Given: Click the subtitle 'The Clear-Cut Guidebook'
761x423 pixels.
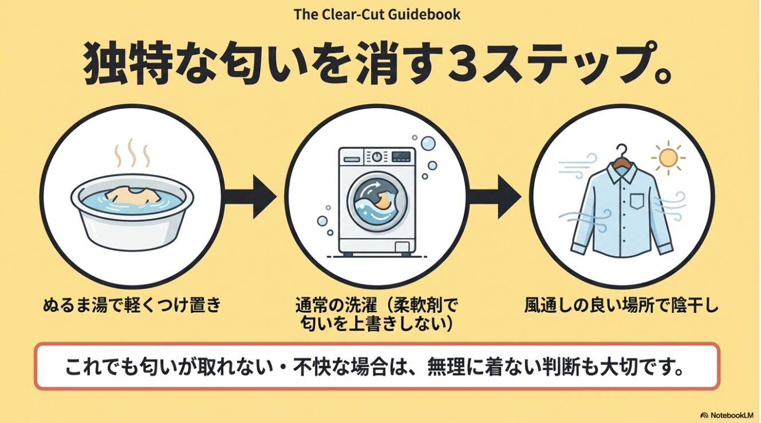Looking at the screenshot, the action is pos(377,15).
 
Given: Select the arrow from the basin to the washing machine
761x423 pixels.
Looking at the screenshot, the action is pos(250,197).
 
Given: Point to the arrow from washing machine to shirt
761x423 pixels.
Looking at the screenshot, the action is pos(494,197).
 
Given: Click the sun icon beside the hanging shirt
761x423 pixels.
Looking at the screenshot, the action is pos(668,158).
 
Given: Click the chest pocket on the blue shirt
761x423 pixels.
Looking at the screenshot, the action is pos(637,201).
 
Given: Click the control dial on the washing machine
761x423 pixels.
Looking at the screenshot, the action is pos(376,157).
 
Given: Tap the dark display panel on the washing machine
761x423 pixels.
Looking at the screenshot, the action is pos(401,156).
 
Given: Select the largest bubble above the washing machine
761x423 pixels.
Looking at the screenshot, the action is pos(428,143).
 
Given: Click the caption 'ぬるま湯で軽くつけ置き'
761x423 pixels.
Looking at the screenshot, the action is pos(132,305).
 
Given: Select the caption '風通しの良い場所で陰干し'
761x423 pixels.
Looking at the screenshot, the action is pos(621,305).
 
